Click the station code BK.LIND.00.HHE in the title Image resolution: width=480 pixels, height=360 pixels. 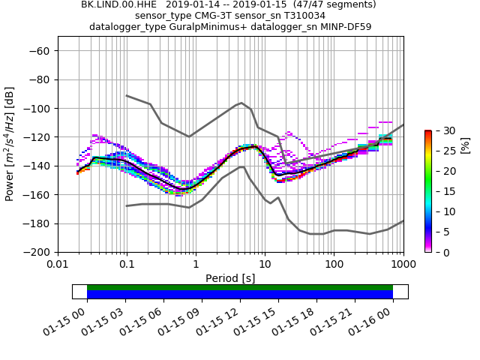[x=116, y=4]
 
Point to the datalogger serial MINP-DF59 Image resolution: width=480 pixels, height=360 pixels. [x=344, y=27]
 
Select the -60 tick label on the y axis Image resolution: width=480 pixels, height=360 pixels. [x=41, y=51]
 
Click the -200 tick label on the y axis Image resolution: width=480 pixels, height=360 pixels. [x=38, y=252]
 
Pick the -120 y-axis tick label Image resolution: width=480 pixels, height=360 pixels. [x=38, y=137]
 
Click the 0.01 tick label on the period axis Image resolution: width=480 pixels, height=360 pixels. [x=58, y=265]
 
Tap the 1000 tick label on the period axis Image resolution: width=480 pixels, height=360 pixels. [x=403, y=265]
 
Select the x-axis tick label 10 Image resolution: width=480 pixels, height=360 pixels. [x=265, y=265]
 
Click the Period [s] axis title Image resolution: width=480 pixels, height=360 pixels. [x=230, y=278]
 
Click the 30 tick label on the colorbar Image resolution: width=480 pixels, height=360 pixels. [x=444, y=130]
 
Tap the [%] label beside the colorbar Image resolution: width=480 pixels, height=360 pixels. [x=465, y=144]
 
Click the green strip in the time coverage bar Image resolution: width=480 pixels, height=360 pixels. [x=240, y=287]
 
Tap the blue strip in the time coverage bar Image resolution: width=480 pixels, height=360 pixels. [x=240, y=295]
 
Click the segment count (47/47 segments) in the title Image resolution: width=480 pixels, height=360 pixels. [x=331, y=4]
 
